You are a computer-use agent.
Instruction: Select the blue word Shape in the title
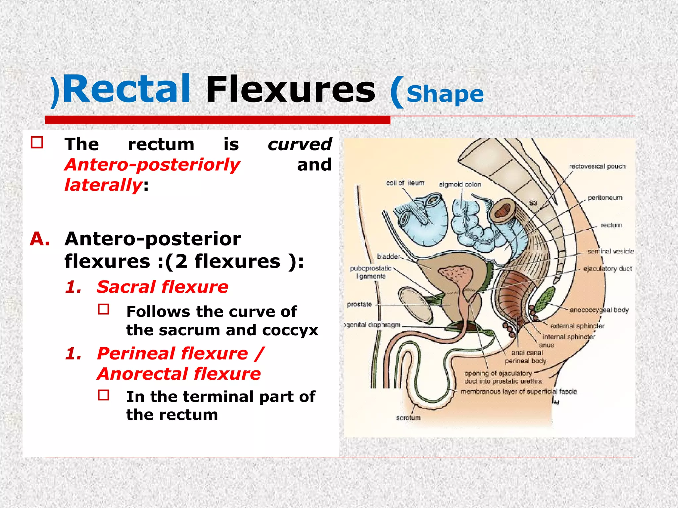click(445, 94)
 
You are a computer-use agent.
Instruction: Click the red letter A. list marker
click(40, 239)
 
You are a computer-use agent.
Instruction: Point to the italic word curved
click(299, 145)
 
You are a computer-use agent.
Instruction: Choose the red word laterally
click(103, 185)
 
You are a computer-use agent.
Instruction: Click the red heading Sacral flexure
click(162, 287)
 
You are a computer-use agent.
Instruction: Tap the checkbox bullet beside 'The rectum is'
click(37, 143)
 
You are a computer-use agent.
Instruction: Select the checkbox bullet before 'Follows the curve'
click(104, 309)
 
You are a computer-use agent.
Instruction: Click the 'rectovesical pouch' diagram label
click(597, 166)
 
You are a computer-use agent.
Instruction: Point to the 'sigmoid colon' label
click(460, 185)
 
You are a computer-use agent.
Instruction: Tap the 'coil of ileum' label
click(405, 183)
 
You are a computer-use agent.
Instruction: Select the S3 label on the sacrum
click(533, 203)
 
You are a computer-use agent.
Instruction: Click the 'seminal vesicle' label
click(610, 251)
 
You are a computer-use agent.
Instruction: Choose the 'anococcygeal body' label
click(599, 310)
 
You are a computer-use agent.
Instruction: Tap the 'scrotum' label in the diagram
click(408, 418)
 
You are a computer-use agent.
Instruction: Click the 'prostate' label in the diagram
click(359, 304)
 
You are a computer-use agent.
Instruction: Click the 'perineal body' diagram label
click(525, 361)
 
